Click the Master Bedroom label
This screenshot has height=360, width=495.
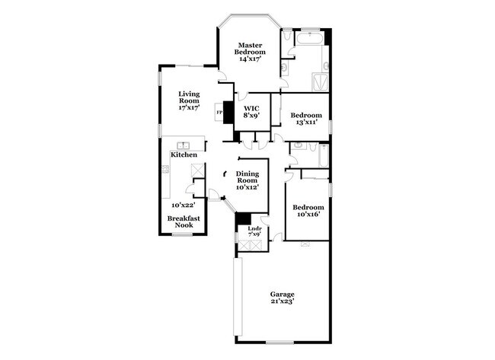click(251, 47)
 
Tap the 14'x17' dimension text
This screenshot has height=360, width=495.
click(251, 59)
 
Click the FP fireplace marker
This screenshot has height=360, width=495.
click(220, 113)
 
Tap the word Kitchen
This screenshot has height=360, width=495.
click(184, 155)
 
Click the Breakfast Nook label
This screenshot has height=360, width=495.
click(184, 222)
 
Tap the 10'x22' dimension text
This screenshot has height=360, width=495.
click(184, 205)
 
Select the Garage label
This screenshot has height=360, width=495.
click(283, 295)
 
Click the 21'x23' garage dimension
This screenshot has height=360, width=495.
click(283, 301)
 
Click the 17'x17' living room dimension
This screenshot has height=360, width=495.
click(189, 108)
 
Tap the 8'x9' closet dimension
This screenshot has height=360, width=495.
click(251, 116)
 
